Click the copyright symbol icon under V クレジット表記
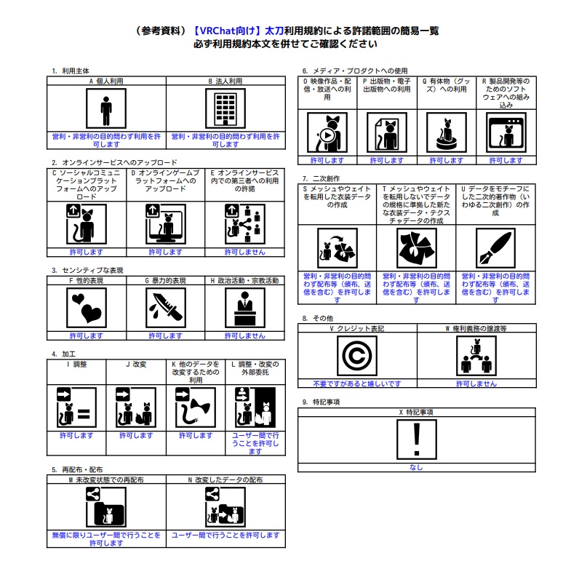[357, 356]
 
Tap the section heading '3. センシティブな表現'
[87, 270]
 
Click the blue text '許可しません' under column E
[244, 252]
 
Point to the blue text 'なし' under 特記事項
[416, 468]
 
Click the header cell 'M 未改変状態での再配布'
[105, 480]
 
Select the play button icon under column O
[327, 135]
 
